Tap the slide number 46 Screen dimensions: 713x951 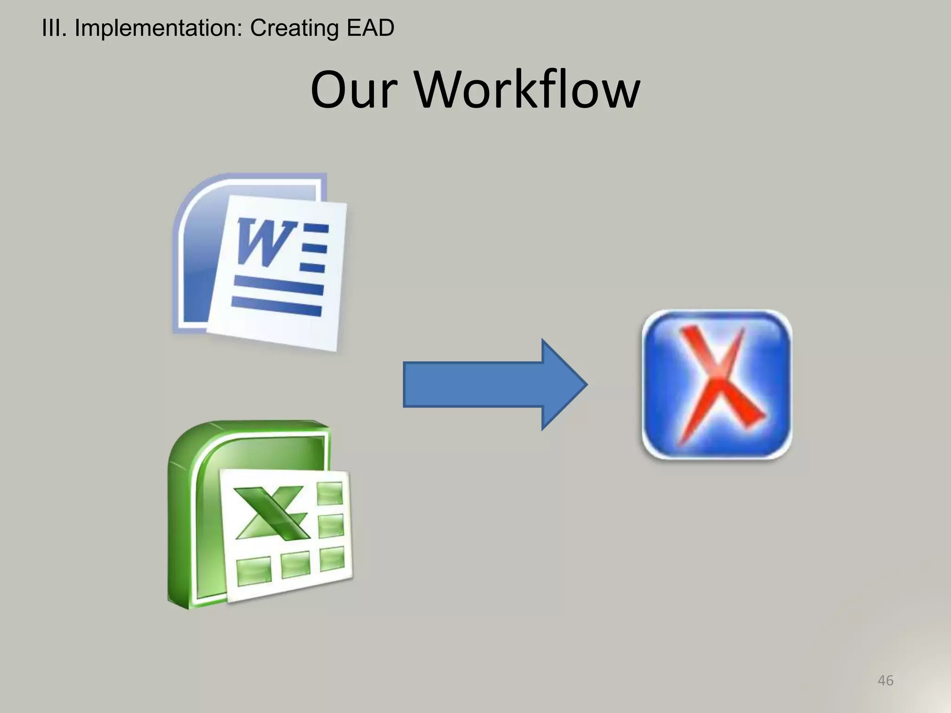[x=885, y=681]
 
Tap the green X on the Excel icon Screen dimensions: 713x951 [x=271, y=513]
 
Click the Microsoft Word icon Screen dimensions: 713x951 [x=260, y=262]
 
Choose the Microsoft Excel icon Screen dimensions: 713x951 [x=260, y=515]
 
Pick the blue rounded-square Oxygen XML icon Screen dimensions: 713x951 [x=717, y=384]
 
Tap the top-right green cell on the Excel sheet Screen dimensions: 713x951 [x=330, y=493]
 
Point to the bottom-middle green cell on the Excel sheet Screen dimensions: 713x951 [x=295, y=564]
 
